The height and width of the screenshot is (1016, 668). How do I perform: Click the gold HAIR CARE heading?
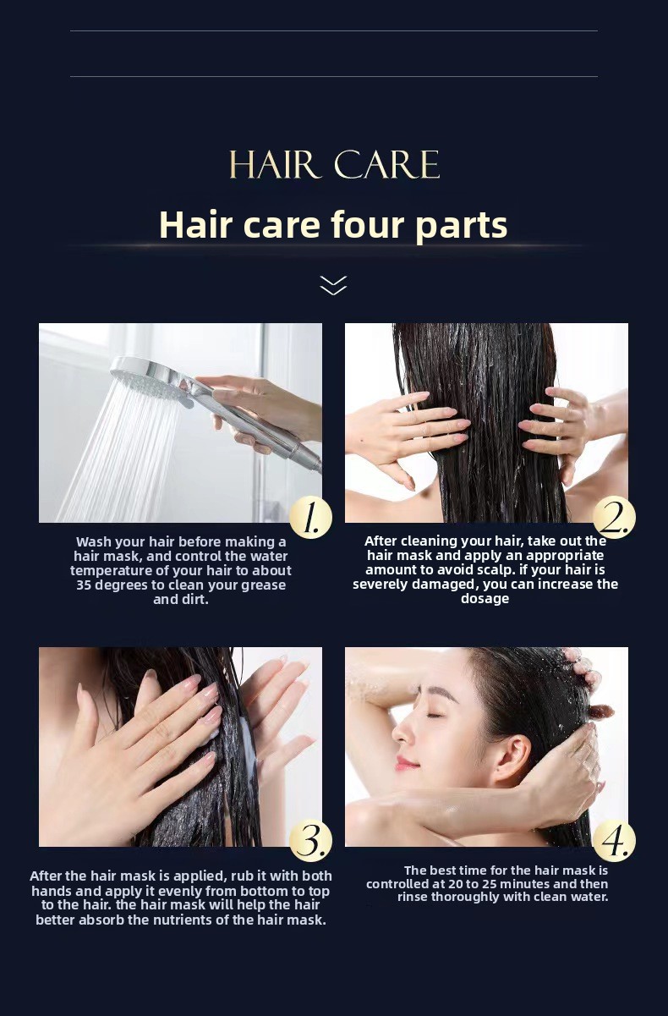click(334, 164)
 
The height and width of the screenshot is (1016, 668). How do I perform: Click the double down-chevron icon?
click(333, 285)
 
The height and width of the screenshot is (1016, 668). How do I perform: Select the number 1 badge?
click(310, 518)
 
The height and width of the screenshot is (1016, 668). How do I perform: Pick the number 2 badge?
click(614, 518)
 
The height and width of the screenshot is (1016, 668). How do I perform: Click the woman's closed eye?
click(433, 716)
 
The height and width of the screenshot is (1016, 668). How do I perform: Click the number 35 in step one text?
click(84, 585)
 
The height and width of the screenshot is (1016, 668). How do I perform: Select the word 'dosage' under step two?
click(485, 599)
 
